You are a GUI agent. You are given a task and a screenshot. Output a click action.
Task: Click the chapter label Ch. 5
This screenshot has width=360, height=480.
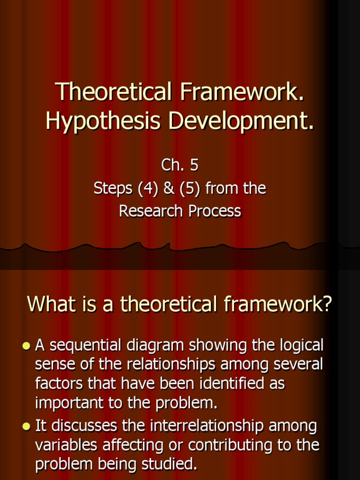[x=180, y=165]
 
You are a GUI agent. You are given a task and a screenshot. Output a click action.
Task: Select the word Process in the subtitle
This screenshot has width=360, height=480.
[x=215, y=211]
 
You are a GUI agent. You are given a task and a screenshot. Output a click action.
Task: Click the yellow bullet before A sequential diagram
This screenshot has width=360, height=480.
[x=26, y=346]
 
